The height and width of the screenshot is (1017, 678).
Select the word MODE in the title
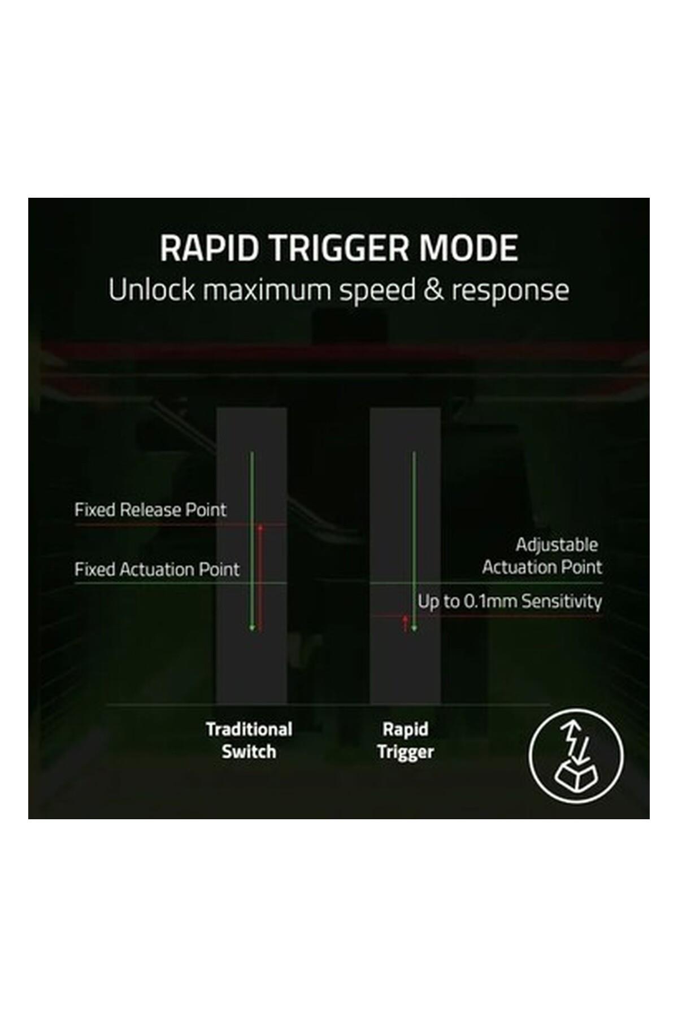470,248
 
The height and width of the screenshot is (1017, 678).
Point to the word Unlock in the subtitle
151,290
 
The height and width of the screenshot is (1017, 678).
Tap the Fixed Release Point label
150,510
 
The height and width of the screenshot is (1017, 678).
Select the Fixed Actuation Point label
157,569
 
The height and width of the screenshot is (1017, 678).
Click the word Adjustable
557,545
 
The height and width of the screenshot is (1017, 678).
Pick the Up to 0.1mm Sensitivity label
510,602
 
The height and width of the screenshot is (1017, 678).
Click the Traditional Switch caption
249,741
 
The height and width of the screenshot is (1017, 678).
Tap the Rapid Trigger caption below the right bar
406,741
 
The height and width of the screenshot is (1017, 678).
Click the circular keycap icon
576,755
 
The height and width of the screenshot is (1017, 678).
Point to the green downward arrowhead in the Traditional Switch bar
253,628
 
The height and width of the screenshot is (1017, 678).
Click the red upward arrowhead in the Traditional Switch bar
260,528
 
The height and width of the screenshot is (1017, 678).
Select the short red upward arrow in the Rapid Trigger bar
405,624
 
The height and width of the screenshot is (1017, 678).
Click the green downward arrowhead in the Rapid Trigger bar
414,628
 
